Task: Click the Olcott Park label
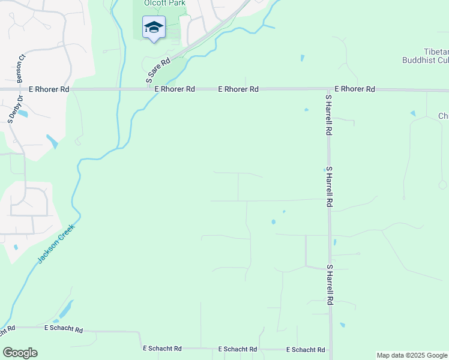pyautogui.click(x=164, y=3)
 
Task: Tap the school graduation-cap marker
pyautogui.click(x=154, y=28)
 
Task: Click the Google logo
pyautogui.click(x=20, y=353)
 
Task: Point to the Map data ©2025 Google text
pyautogui.click(x=412, y=355)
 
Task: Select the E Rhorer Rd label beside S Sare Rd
pyautogui.click(x=175, y=89)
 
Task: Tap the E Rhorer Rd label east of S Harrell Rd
pyautogui.click(x=355, y=89)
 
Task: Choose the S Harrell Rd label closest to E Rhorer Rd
pyautogui.click(x=328, y=115)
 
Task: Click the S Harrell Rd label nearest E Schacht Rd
pyautogui.click(x=330, y=286)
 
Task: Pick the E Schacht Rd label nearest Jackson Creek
pyautogui.click(x=63, y=329)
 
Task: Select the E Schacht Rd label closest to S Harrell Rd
pyautogui.click(x=306, y=349)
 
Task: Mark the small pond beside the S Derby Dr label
pyautogui.click(x=22, y=113)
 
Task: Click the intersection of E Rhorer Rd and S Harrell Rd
pyautogui.click(x=328, y=90)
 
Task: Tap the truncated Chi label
pyautogui.click(x=444, y=116)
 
